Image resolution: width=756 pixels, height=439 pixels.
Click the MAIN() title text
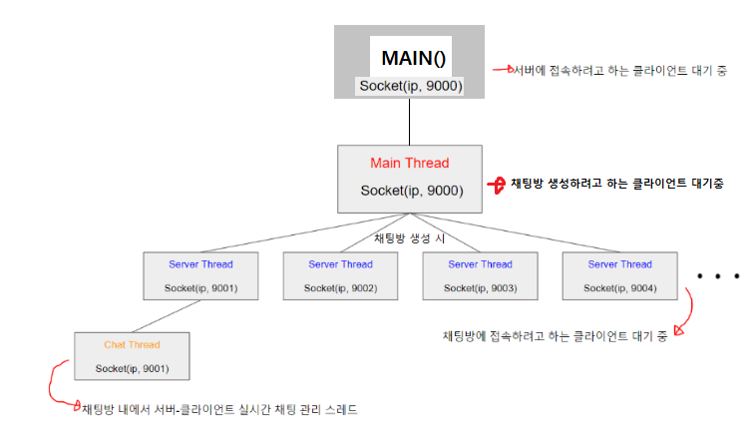tap(409, 58)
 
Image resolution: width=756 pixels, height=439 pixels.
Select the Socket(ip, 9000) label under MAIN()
tap(409, 86)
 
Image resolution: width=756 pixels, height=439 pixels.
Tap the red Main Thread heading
tap(409, 163)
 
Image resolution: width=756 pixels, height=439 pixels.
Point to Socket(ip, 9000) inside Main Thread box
tap(409, 190)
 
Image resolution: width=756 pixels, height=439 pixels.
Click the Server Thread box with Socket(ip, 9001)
tap(201, 275)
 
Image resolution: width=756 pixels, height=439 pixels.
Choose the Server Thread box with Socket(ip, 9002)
tap(340, 275)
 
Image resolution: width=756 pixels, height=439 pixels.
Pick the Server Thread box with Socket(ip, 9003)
tap(480, 275)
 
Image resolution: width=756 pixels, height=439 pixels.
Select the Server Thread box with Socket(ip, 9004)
tap(619, 275)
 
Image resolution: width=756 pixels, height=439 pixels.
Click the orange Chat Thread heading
tap(132, 345)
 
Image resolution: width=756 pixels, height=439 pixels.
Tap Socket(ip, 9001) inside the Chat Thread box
tap(132, 369)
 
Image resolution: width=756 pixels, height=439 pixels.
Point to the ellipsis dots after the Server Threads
tap(718, 275)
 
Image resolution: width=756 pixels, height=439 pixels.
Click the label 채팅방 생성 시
tap(409, 238)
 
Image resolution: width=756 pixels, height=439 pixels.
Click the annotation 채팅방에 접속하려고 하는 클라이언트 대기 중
tap(554, 335)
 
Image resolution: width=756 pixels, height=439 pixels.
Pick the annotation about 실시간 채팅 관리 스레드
tap(219, 410)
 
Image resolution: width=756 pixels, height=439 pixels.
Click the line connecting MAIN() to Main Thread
tap(409, 121)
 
